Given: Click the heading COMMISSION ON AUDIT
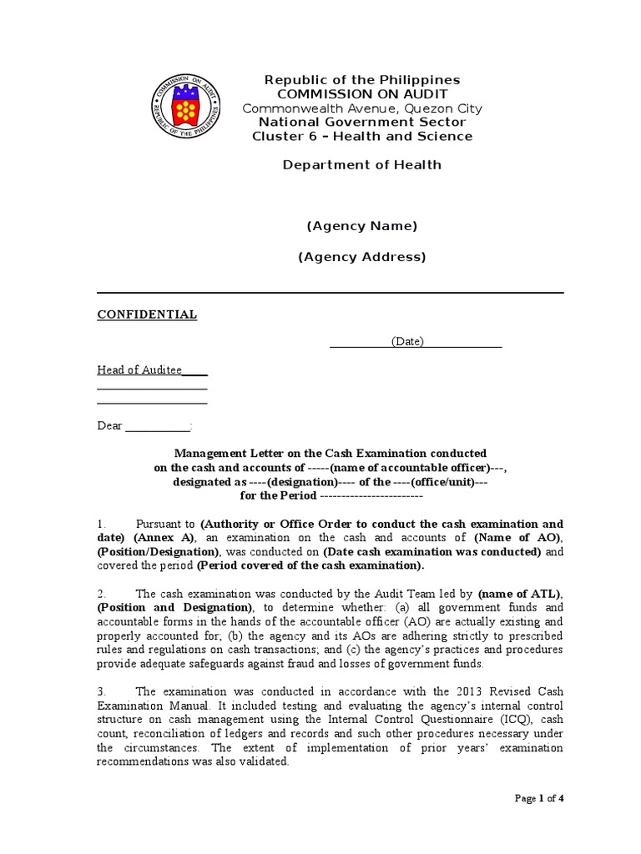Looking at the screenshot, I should (x=361, y=94).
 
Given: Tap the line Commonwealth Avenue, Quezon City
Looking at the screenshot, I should (x=361, y=108).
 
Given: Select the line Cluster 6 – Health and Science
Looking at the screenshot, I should (x=361, y=136).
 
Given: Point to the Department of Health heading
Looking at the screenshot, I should (x=361, y=164).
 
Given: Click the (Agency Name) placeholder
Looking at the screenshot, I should (x=361, y=226).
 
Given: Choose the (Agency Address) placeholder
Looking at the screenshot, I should (x=361, y=257).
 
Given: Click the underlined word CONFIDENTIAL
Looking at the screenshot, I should (x=147, y=314).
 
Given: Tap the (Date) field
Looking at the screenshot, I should (x=407, y=342).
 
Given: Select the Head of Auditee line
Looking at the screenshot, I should (x=140, y=369).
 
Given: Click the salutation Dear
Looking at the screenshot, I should (x=110, y=426).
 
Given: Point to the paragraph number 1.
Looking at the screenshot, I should (x=101, y=524).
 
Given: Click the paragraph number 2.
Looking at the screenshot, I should (x=101, y=594).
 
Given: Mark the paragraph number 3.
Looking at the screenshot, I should (x=101, y=691).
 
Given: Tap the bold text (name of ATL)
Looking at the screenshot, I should (x=519, y=594).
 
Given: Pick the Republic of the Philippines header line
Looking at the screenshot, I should (x=361, y=80).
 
